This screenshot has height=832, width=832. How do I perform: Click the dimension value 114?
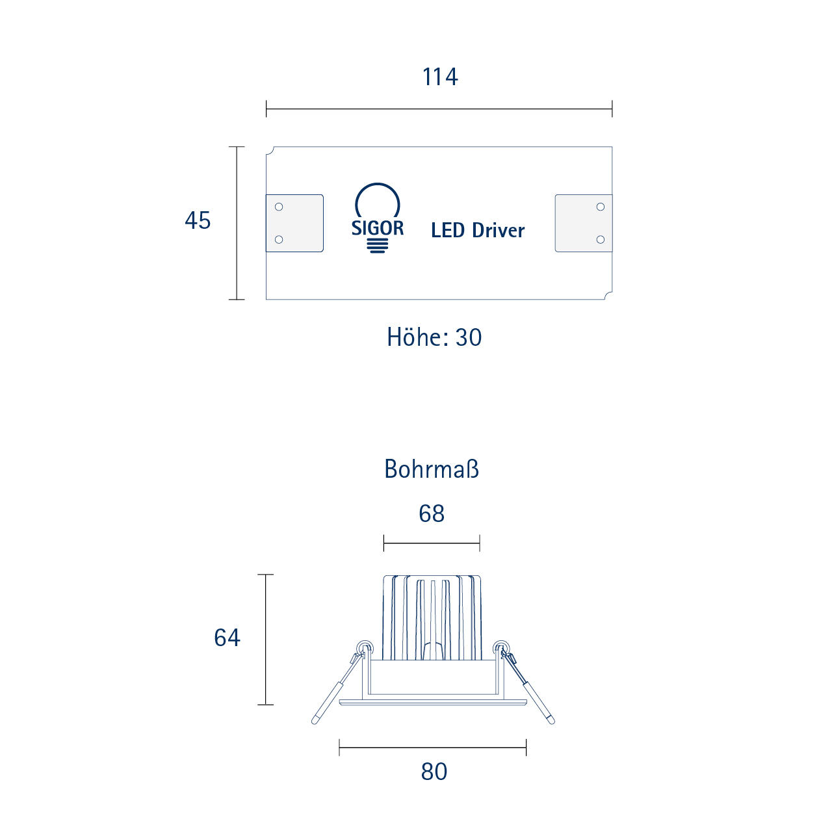439,77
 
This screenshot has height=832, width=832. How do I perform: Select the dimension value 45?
198,220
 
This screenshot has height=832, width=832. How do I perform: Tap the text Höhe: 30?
434,337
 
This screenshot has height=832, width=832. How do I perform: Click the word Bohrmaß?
432,469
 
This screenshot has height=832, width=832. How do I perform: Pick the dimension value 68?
432,513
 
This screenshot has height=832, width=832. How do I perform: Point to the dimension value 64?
227,637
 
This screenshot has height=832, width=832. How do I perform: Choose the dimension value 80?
434,772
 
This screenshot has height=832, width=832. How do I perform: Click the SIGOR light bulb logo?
378,218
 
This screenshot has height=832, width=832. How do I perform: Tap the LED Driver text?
478,230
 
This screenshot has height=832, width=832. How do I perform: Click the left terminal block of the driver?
294,223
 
